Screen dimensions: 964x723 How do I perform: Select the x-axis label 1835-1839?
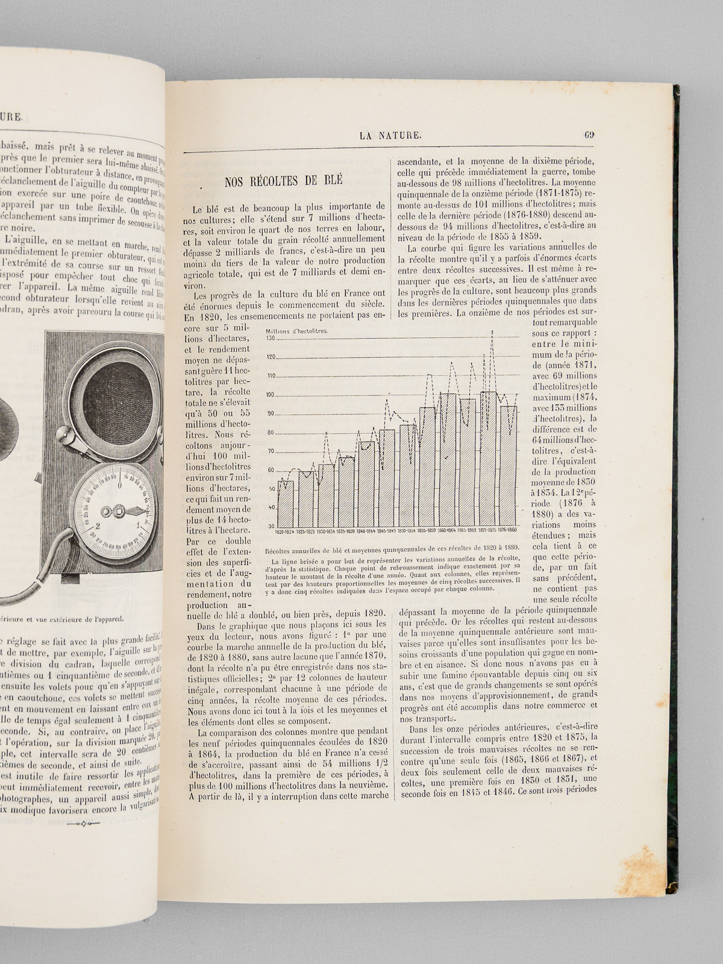coord(346,531)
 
